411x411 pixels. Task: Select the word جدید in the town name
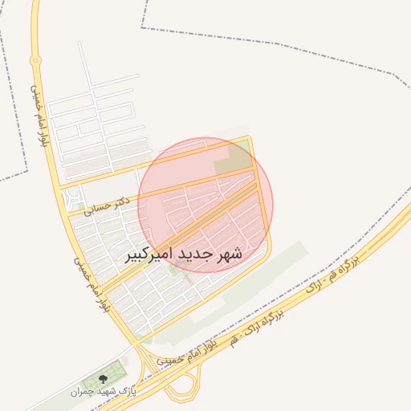click(x=196, y=254)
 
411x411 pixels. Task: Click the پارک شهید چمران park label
click(x=103, y=393)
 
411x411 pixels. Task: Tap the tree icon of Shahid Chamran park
click(x=102, y=378)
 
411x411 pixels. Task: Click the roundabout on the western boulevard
click(x=35, y=60)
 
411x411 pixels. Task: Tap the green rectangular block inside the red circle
click(x=233, y=158)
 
